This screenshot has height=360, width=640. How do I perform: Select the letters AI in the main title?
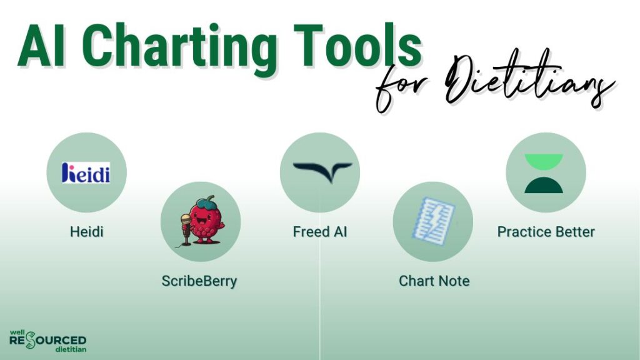pos(41,45)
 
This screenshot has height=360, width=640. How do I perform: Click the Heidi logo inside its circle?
pos(86,172)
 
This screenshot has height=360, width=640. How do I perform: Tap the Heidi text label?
pos(86,232)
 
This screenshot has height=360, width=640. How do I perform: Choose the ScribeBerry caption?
pos(199,281)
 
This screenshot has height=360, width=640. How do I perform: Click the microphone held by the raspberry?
pos(186,229)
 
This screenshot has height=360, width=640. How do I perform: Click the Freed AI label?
pos(320,232)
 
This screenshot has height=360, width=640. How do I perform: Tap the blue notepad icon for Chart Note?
pos(434,221)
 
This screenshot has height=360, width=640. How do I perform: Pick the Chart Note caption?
pos(434,281)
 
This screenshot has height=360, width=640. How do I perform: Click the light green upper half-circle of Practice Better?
pos(544,161)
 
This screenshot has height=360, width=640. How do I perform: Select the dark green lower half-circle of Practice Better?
pos(544,185)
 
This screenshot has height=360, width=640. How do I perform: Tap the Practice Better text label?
pos(546,232)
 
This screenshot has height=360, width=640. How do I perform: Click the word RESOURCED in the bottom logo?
pos(47,341)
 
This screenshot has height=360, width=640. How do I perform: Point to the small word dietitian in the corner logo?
pos(71,349)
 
